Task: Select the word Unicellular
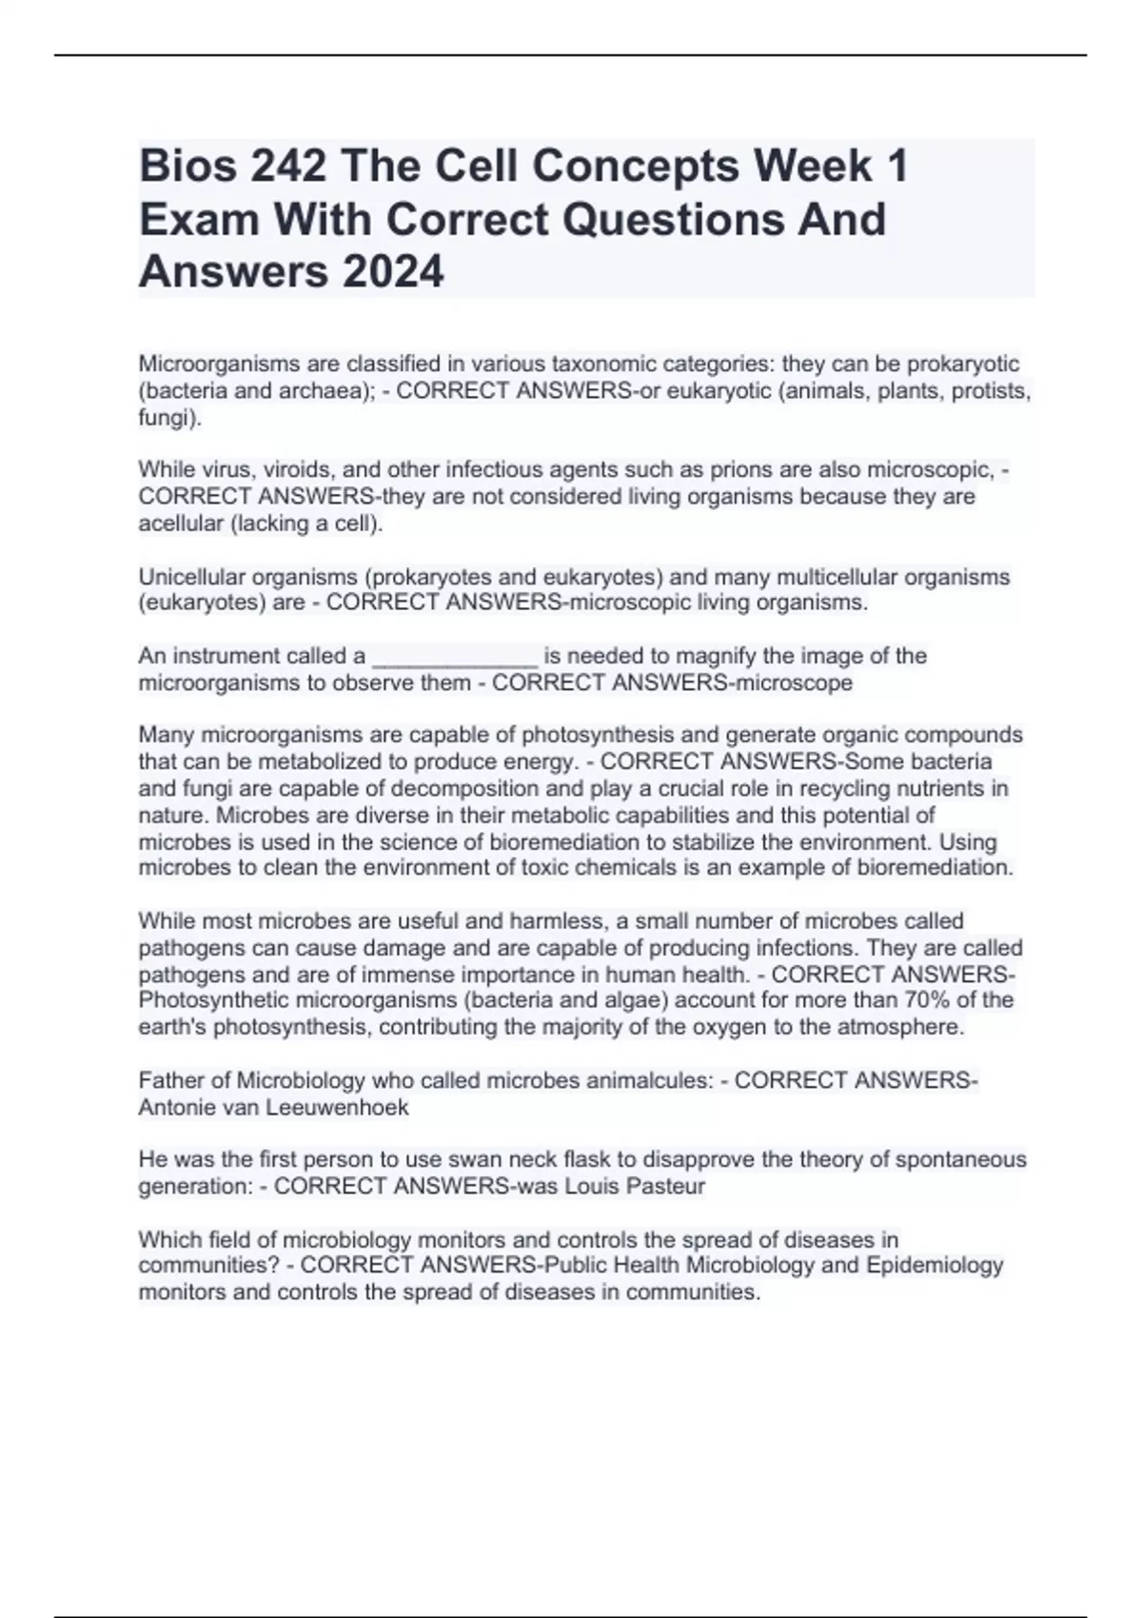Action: (x=196, y=577)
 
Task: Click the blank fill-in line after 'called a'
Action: (x=454, y=656)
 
